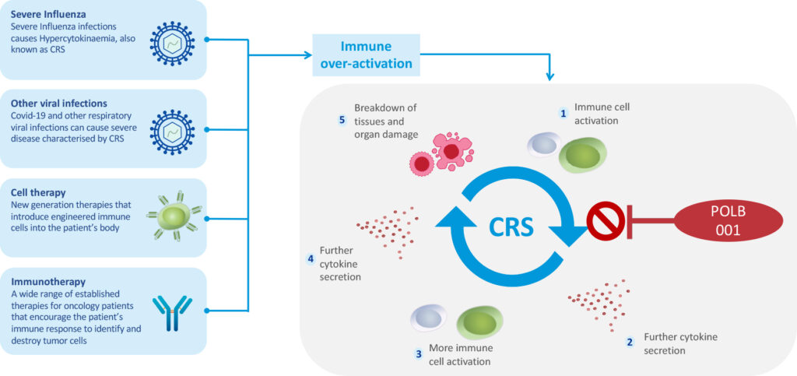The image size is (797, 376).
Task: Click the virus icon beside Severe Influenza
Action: pos(170,39)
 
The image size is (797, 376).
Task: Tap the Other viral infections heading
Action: pos(58,104)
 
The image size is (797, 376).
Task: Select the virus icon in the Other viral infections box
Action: pos(170,128)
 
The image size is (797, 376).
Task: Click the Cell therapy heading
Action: pos(40,192)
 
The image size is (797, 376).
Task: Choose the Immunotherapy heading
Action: pos(48,281)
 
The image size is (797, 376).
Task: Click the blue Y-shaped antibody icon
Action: pos(171,312)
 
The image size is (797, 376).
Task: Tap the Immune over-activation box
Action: pos(366,54)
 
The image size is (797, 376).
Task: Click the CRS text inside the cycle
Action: pos(511,226)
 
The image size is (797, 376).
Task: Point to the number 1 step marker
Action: pos(564,113)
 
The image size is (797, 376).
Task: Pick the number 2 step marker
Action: pos(630,343)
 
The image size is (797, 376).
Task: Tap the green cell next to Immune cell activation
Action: pos(583,156)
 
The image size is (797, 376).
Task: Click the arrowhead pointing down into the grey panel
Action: pos(551,77)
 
